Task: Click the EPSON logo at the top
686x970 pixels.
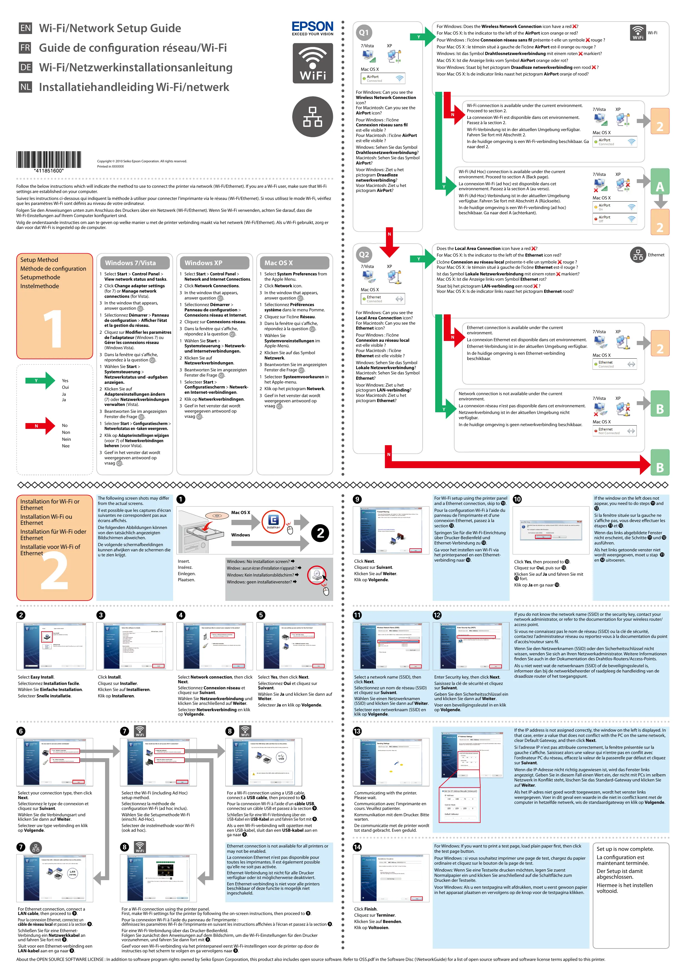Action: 313,28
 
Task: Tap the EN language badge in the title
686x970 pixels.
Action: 25,28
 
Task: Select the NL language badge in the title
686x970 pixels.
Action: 25,87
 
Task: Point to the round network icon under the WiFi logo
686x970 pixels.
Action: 313,117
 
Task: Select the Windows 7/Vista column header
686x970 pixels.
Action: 134,263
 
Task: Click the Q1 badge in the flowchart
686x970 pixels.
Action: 364,33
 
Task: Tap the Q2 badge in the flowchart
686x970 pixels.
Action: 364,254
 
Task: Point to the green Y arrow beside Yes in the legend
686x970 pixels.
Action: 40,381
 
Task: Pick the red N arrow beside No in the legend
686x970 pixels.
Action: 40,426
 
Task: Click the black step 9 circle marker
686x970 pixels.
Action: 357,499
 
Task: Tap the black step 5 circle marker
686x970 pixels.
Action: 261,615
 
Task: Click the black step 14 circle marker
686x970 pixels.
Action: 357,847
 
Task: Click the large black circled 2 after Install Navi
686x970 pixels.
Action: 321,533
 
